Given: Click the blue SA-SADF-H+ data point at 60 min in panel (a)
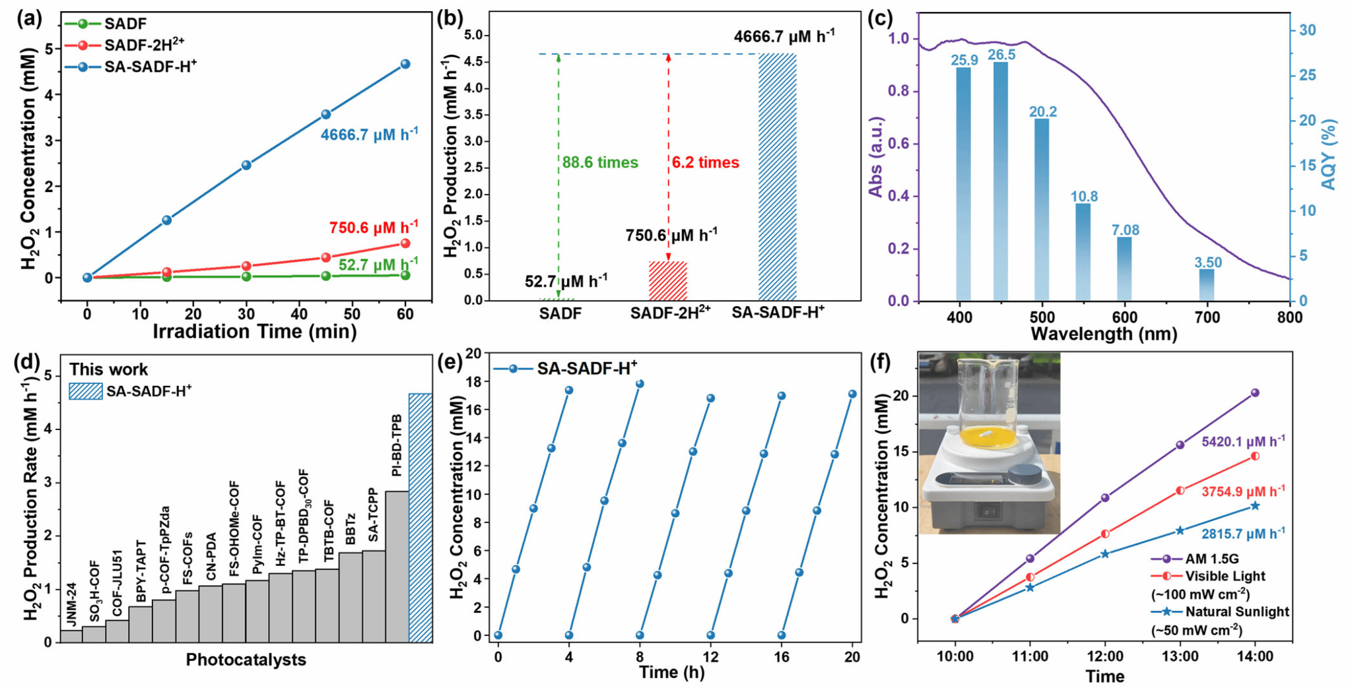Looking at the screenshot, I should tap(405, 64).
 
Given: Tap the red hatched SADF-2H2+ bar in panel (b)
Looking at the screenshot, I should tap(667, 281).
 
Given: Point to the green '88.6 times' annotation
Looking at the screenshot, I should tap(600, 163).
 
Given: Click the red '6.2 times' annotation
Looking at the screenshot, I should tap(705, 163).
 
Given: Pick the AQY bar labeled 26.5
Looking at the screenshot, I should tap(1001, 181).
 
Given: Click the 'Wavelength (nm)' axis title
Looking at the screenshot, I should tap(1103, 334).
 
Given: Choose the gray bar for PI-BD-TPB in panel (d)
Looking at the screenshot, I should tap(397, 566).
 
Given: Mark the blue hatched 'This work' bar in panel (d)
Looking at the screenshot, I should tap(421, 518).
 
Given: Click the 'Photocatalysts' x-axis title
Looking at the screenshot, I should tap(246, 660).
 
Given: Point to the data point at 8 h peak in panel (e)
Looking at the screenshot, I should tap(639, 384).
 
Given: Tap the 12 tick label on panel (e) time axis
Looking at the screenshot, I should tap(710, 656).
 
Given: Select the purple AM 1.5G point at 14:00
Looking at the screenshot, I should tap(1255, 393).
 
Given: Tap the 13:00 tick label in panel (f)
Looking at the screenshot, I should tap(1180, 656).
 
